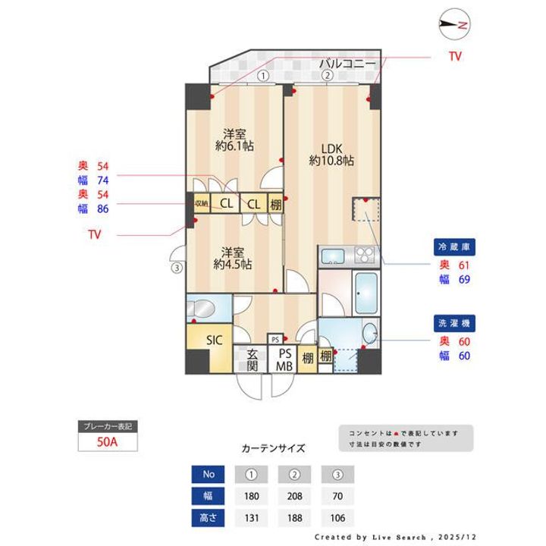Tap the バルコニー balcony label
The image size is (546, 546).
347,63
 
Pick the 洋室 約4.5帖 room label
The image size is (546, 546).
233,258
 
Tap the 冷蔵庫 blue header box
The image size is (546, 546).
456,247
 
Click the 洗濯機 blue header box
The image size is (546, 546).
456,324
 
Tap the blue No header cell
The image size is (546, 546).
209,475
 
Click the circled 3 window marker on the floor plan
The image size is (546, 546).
176,267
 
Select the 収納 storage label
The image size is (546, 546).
201,203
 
